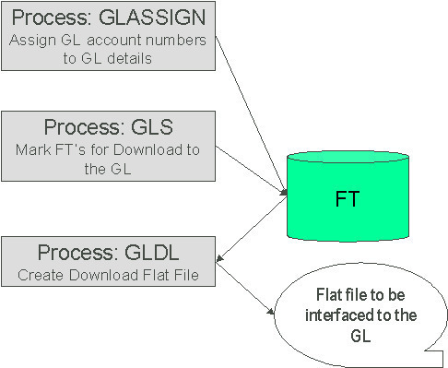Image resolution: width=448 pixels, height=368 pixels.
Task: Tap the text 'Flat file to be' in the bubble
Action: pyautogui.click(x=354, y=295)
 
